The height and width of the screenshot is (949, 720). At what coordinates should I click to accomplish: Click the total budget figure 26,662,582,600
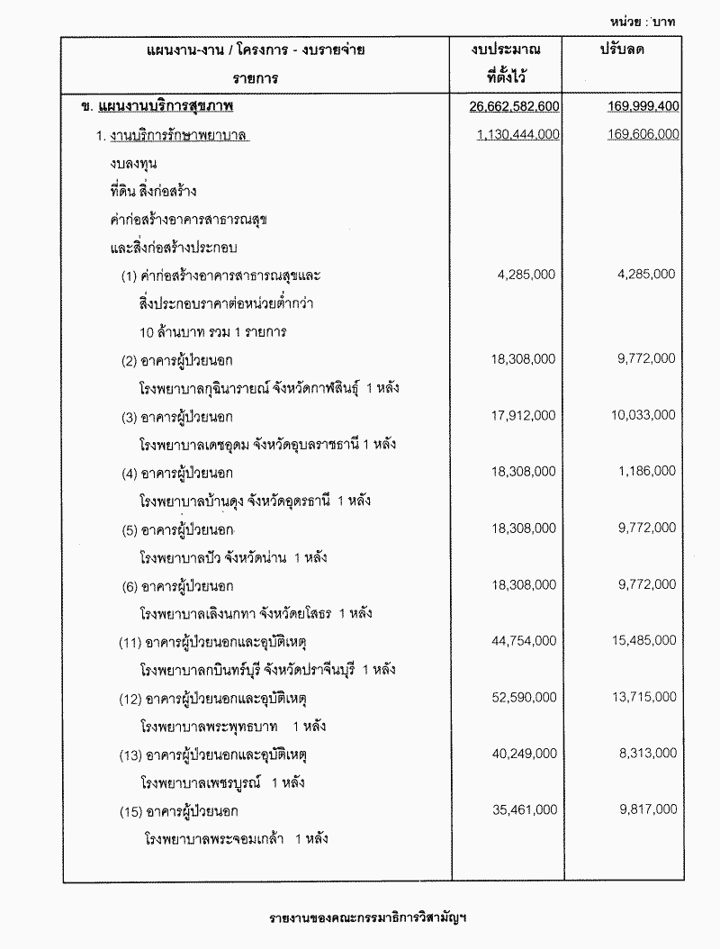[x=515, y=107]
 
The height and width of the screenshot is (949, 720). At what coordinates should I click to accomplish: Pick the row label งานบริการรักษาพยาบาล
[x=178, y=135]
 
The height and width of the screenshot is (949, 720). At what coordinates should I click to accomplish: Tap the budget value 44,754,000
[x=525, y=640]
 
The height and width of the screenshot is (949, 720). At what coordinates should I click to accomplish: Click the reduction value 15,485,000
[x=643, y=640]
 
